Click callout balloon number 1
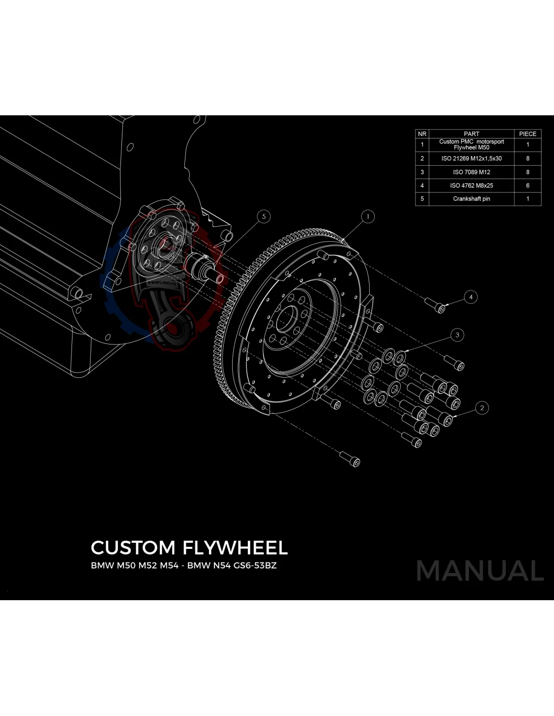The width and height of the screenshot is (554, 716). coord(368,217)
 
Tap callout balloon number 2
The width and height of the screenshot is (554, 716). coord(482,408)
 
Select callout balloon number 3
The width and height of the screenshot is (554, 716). coord(457,334)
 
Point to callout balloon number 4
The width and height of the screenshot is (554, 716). coord(471,297)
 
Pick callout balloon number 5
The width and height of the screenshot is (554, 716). coord(264,217)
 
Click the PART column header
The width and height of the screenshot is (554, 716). coord(471,134)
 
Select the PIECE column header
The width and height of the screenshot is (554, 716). coord(527,134)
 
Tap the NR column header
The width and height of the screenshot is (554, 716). coord(422,134)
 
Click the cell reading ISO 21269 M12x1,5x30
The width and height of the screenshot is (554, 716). coord(471,158)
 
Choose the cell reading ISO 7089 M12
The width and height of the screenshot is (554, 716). coord(471,172)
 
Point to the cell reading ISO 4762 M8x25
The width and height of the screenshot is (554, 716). coord(471,185)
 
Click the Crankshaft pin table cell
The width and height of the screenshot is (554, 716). coord(471,199)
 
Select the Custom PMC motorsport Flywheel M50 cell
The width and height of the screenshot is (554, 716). coord(471,145)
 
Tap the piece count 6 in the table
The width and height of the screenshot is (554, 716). coord(527,185)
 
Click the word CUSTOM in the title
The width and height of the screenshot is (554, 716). coord(133,548)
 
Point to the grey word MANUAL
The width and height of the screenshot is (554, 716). coord(480,570)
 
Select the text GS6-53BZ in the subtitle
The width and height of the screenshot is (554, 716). coord(255,565)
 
